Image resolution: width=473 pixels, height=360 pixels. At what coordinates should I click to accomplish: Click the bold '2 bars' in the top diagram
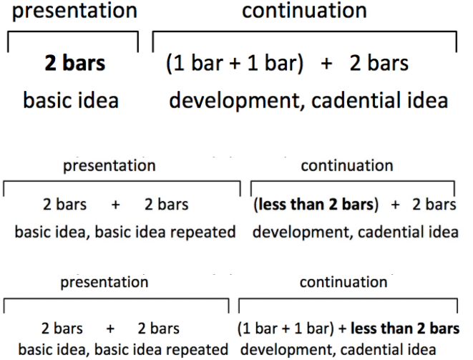[x=75, y=63]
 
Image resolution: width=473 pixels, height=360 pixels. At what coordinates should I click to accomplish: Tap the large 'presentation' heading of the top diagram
[x=74, y=11]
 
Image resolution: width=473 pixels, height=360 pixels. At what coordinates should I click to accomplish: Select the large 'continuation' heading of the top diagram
[x=304, y=10]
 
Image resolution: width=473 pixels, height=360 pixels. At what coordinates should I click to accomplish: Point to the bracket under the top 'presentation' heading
[x=73, y=31]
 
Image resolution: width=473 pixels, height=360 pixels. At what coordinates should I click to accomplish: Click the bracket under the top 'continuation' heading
[x=305, y=31]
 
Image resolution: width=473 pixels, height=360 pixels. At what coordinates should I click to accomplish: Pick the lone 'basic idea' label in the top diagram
[x=71, y=100]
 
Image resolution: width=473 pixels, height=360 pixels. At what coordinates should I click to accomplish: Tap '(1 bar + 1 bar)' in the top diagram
[x=235, y=64]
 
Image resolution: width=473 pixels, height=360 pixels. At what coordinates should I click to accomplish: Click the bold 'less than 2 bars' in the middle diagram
[x=316, y=204]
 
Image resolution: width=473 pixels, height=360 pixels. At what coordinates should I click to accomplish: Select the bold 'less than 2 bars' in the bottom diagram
[x=405, y=329]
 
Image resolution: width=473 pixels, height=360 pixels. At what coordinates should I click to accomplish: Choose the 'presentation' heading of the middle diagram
[x=109, y=166]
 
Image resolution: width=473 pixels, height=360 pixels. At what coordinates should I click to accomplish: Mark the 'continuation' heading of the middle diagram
[x=347, y=165]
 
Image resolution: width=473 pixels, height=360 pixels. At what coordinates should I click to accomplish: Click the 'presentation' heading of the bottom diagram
[x=104, y=283]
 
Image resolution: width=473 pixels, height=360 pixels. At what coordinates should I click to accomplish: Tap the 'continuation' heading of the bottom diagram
[x=343, y=282]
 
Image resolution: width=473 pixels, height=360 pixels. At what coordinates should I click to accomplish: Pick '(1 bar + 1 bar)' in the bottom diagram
[x=286, y=329]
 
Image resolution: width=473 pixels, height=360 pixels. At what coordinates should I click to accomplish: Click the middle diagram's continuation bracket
[x=353, y=181]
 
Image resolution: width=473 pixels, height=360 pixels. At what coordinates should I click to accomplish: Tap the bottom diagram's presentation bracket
[x=116, y=299]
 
